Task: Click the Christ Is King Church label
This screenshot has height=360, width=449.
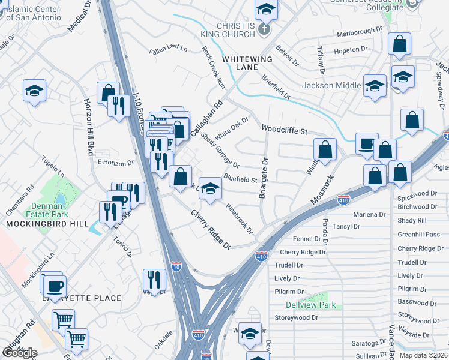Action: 231,32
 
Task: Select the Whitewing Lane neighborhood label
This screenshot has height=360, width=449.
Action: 247,64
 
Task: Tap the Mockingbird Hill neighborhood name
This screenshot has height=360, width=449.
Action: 39,223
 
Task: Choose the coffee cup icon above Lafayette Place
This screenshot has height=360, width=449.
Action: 55,286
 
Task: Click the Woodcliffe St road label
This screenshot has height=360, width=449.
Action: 284,130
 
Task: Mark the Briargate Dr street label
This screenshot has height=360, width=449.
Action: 262,178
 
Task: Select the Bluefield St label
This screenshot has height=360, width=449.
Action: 240,179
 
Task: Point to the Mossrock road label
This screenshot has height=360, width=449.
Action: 321,188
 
